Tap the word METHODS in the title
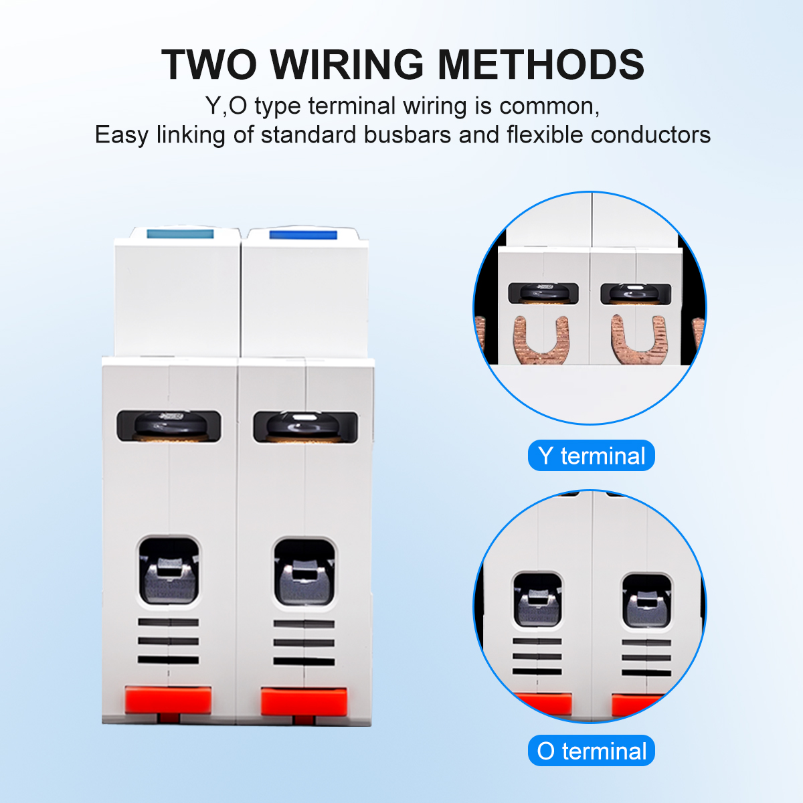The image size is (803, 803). [x=541, y=65]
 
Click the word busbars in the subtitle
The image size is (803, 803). [x=408, y=135]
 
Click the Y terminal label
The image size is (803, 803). [x=592, y=456]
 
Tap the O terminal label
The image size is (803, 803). [x=592, y=751]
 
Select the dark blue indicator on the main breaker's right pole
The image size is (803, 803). [x=303, y=235]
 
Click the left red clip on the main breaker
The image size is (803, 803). [x=169, y=700]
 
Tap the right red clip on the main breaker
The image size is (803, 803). [x=304, y=701]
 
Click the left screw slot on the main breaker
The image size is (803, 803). [x=169, y=426]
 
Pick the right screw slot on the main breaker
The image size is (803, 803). [x=305, y=427]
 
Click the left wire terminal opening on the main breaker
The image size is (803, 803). [x=169, y=571]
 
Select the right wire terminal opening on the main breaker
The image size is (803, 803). [x=304, y=572]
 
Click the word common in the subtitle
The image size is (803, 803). [x=549, y=106]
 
